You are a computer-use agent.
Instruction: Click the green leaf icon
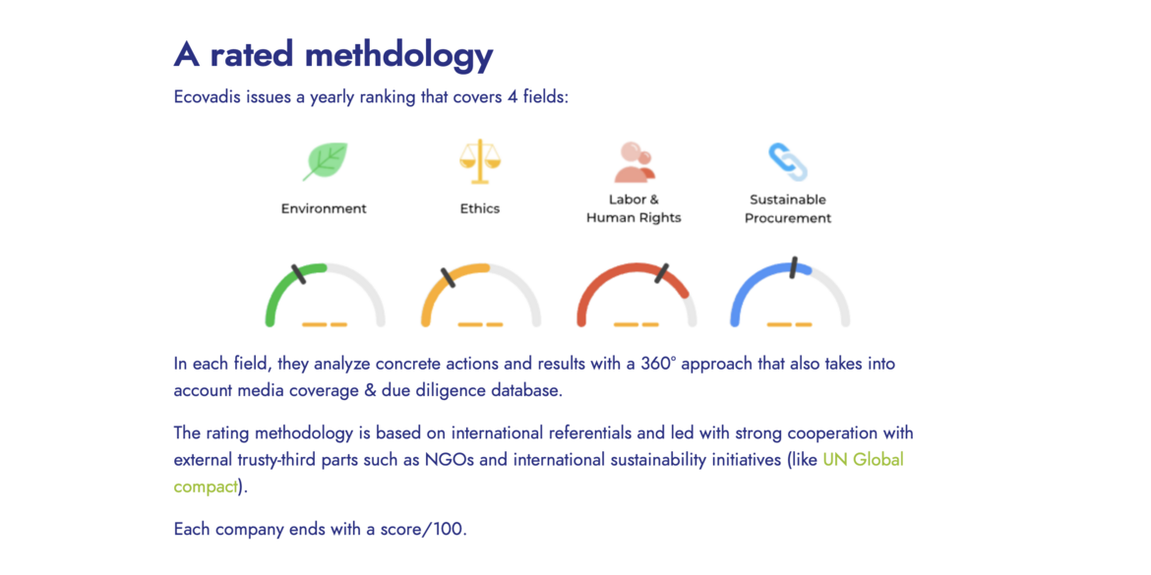(326, 161)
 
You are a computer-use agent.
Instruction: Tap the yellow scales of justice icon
(480, 160)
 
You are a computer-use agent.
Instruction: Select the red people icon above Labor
(635, 162)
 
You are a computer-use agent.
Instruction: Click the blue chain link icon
(788, 162)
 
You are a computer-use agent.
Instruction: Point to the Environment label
(324, 208)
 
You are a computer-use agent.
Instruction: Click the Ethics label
(480, 208)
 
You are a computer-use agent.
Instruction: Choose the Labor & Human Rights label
(634, 208)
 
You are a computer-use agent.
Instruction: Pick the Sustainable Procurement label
(788, 208)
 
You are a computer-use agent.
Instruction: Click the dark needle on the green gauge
(298, 273)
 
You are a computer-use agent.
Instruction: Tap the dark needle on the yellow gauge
(448, 278)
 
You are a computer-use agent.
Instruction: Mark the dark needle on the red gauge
(662, 273)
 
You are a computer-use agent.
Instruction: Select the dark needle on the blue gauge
(793, 267)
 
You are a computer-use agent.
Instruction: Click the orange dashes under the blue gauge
(789, 324)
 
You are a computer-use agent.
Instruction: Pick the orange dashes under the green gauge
(325, 324)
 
